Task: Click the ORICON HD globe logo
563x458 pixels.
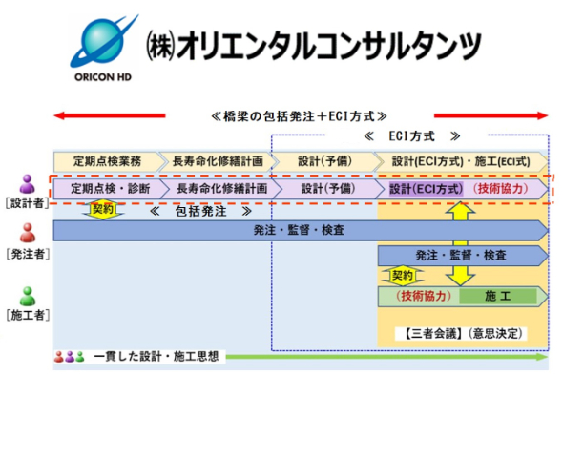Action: [103, 42]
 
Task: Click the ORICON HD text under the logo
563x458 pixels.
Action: [103, 77]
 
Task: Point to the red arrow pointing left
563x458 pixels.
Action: [110, 115]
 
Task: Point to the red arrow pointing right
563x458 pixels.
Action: [490, 115]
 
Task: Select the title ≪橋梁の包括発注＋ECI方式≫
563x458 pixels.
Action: [299, 116]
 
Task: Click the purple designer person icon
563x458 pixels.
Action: [28, 184]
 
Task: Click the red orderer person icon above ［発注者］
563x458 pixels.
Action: [28, 233]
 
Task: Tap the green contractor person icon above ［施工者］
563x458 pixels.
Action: [28, 296]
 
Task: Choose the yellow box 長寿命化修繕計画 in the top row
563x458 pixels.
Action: [218, 161]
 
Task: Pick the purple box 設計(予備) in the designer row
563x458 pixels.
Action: [327, 189]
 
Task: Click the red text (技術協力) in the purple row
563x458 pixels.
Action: [501, 189]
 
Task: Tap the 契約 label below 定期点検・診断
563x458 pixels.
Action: [103, 209]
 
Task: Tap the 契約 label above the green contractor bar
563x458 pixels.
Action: [403, 276]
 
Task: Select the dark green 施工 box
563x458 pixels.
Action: [498, 297]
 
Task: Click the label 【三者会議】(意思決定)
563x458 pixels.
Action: [462, 334]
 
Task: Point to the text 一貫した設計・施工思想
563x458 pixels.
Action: [156, 357]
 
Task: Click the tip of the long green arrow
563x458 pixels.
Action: [548, 357]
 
